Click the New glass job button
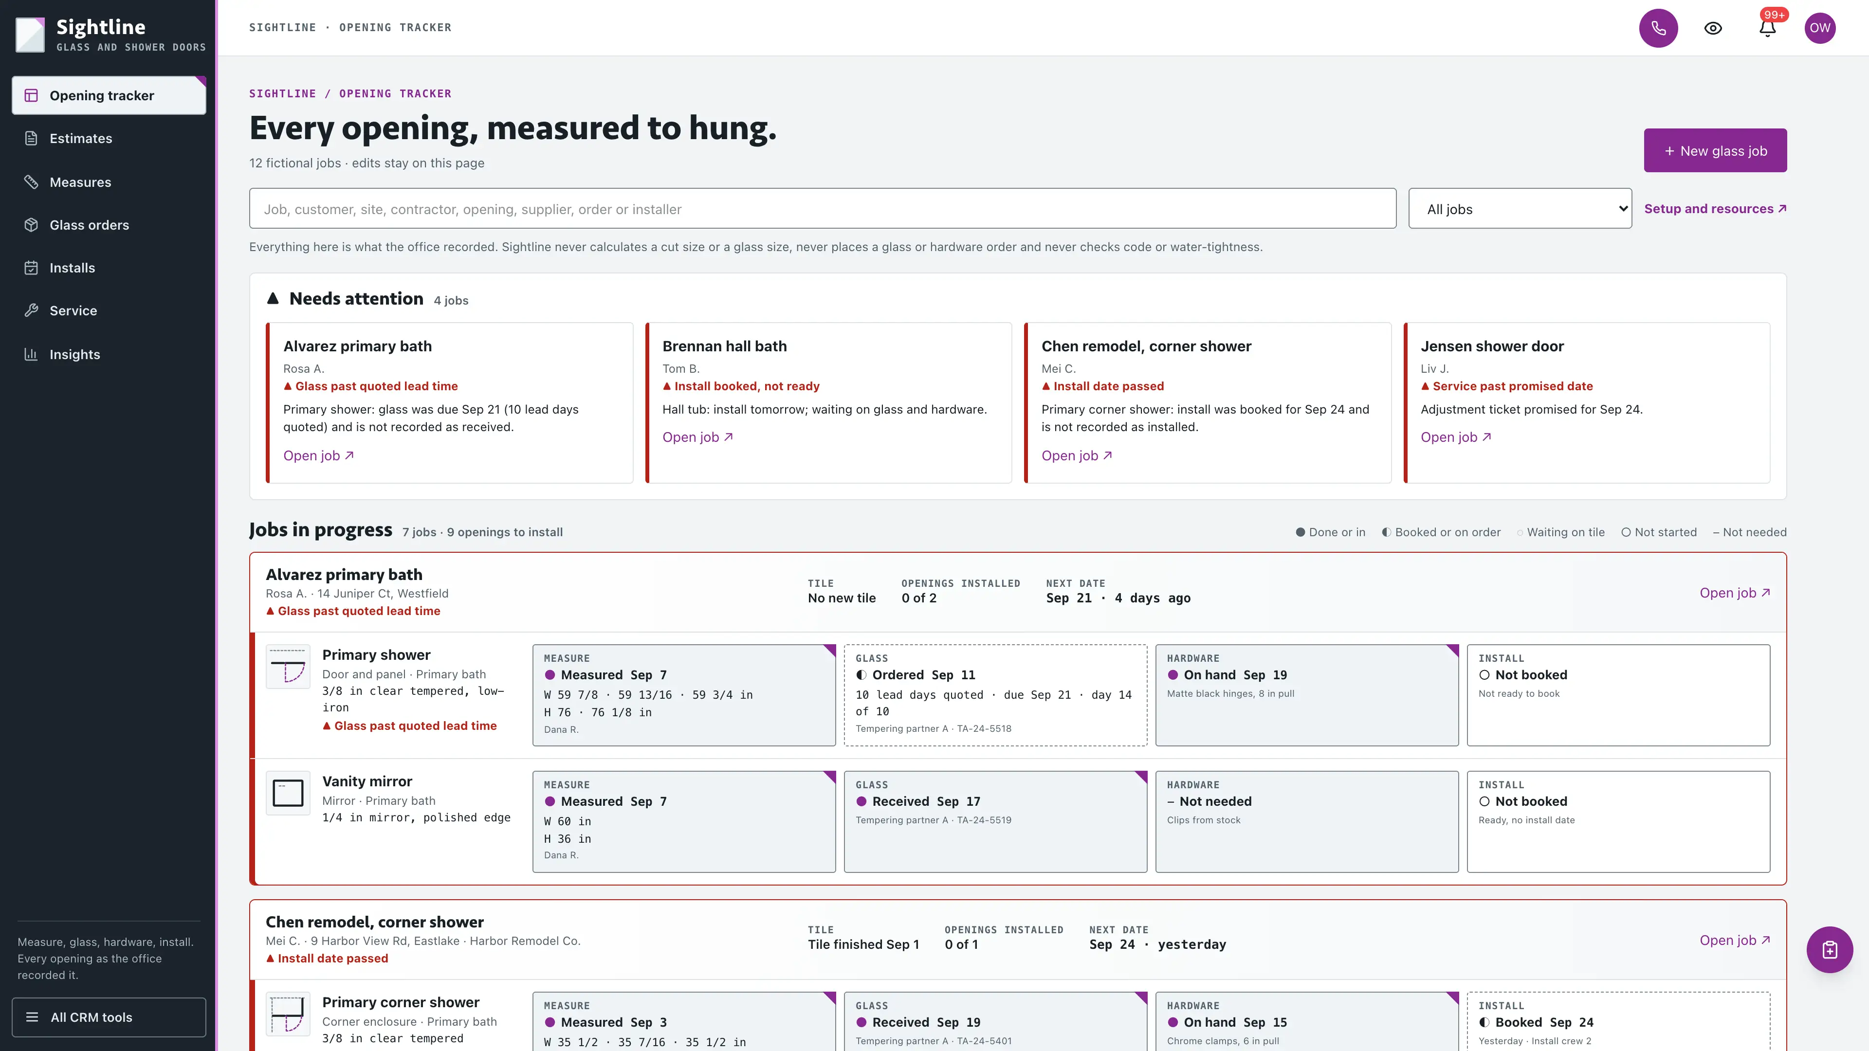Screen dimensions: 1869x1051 tap(1714, 150)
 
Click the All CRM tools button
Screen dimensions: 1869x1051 tap(109, 1017)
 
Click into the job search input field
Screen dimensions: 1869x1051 tap(822, 209)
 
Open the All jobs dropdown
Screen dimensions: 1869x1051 tap(1520, 209)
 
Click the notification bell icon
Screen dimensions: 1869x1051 tap(1767, 28)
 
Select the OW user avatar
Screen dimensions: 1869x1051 tap(1820, 28)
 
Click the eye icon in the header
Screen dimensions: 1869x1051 tap(1713, 28)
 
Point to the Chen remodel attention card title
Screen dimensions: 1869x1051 tap(1146, 346)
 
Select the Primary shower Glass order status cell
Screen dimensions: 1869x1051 tap(995, 695)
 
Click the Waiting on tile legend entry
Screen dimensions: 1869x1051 tap(1560, 532)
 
